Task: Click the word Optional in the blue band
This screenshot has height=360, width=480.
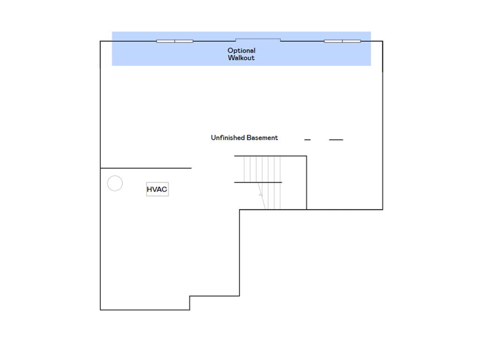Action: click(x=241, y=50)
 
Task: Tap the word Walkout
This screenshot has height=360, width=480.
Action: click(x=241, y=58)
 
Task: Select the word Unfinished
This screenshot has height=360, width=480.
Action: click(x=228, y=137)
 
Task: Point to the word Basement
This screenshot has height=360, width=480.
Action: click(x=262, y=137)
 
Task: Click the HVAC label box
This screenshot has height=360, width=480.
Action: click(x=157, y=189)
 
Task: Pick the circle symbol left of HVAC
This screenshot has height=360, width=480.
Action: click(x=115, y=183)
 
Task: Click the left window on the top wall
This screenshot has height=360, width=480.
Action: click(x=174, y=41)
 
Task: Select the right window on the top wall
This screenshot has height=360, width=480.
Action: click(x=342, y=41)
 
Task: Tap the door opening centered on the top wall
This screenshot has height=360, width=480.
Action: click(x=258, y=39)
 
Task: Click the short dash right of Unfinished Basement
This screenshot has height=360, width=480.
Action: click(x=307, y=140)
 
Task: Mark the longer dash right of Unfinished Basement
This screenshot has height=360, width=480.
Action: click(x=336, y=140)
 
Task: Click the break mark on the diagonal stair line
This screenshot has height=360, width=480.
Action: click(x=261, y=195)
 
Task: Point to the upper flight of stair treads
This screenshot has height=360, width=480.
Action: click(x=262, y=169)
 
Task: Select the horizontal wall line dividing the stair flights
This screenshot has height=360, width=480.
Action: click(x=258, y=182)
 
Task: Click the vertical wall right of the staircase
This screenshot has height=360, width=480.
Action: click(x=307, y=183)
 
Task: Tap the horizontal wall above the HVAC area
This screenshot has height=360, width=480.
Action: click(x=145, y=168)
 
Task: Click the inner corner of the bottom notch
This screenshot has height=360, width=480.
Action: click(x=190, y=296)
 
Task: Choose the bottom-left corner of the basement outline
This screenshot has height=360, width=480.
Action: click(x=100, y=309)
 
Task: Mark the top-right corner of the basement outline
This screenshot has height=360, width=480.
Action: click(x=382, y=41)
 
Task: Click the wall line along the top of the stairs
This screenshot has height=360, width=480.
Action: click(x=270, y=156)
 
